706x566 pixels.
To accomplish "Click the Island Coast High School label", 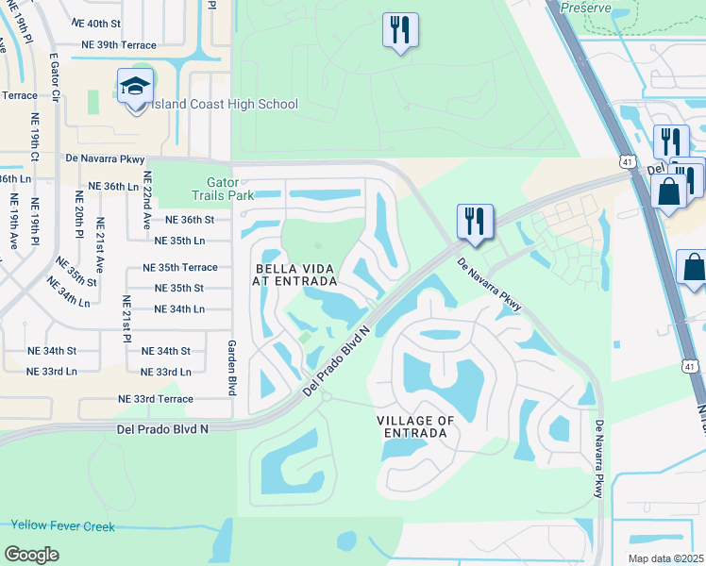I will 225,105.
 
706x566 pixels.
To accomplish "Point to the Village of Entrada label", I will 411,426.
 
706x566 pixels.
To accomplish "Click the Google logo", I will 32,555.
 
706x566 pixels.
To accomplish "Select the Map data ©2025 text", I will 666,558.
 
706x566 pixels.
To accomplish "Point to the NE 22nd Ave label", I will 147,200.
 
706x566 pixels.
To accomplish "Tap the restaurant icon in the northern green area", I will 399,30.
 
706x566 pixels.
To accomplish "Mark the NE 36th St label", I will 191,220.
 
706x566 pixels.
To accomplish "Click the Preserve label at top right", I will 585,8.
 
